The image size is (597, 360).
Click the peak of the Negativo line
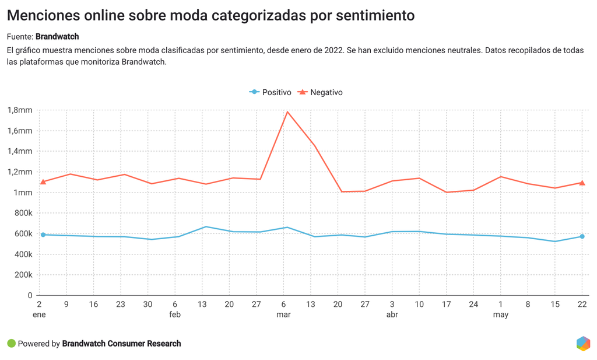(287, 111)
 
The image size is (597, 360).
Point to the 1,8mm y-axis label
(20, 110)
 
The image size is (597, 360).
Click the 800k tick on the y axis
(22, 213)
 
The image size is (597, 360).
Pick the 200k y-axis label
(22, 275)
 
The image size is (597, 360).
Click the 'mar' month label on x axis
(283, 314)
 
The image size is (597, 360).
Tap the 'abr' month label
(392, 314)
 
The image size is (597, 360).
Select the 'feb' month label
(175, 314)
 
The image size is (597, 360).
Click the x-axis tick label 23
(121, 305)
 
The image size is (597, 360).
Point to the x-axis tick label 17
(446, 305)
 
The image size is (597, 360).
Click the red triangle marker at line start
(43, 181)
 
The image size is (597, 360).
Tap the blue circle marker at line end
(582, 236)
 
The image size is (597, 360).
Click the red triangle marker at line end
(582, 183)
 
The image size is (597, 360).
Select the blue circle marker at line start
(43, 235)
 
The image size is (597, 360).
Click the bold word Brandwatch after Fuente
(61, 37)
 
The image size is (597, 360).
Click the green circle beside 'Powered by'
(11, 344)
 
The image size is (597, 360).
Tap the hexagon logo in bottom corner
(582, 344)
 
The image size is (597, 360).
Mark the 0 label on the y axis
(30, 295)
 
